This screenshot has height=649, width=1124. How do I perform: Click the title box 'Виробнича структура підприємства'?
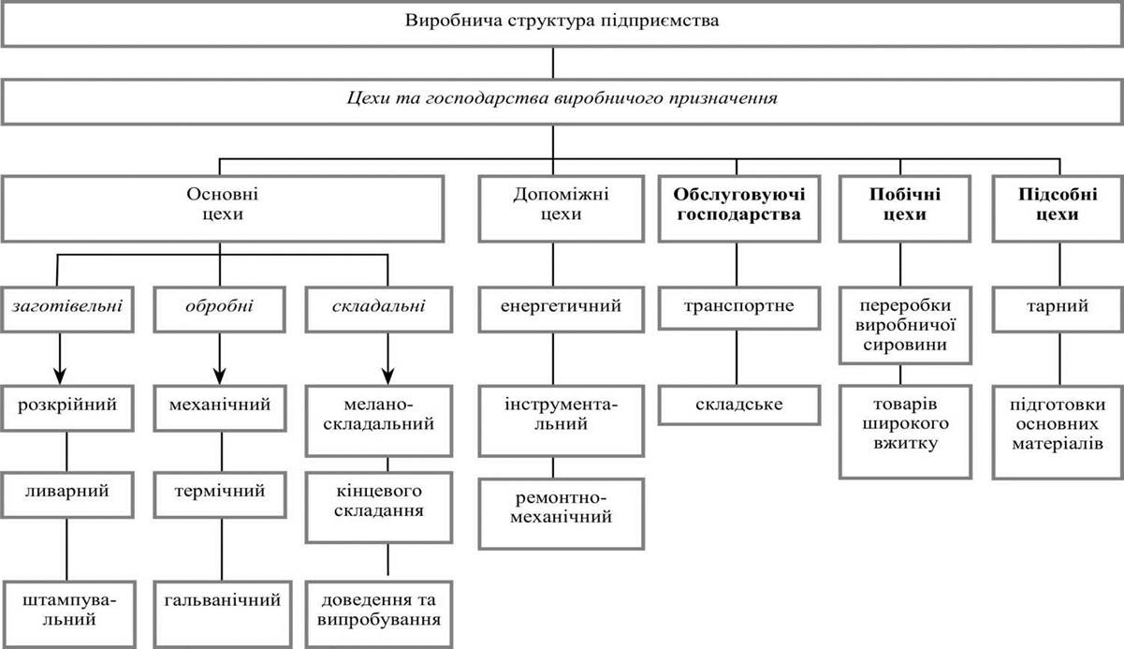pos(562,23)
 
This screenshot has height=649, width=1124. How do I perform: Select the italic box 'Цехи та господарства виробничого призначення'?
pos(562,101)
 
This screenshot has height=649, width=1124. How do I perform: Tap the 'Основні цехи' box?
pos(223,208)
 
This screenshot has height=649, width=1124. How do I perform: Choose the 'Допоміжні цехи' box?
pos(561,208)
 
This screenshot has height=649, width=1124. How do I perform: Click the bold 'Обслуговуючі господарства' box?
pos(739,208)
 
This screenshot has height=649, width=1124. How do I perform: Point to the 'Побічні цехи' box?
pos(905,208)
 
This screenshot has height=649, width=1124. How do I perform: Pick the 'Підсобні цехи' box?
pos(1058,208)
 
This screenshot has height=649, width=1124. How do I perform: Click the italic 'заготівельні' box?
pos(67,309)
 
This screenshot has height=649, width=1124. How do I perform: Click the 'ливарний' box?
pos(67,494)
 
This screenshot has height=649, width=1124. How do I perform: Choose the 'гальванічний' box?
pos(223,614)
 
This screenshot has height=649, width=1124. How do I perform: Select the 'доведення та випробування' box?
pos(379,614)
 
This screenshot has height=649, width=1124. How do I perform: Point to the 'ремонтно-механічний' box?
pos(561,513)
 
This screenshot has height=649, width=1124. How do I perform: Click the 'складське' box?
pos(739,405)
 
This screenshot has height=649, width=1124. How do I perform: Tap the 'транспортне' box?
pos(739,308)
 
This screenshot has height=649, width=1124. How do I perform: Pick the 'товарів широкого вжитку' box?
pos(905,432)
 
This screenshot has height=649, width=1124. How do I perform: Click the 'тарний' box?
pos(1058,309)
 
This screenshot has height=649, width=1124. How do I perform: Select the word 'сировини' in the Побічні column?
pos(905,345)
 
